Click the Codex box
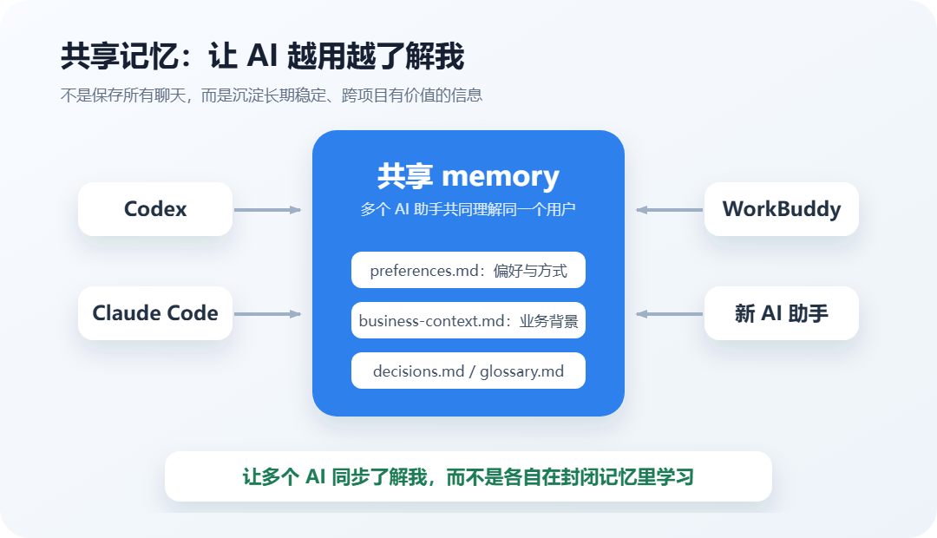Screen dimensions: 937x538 pos(155,209)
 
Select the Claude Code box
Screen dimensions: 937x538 pos(155,313)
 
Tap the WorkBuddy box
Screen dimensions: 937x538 pos(782,209)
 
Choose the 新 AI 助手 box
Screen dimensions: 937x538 pos(782,313)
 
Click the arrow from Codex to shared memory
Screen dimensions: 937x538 pos(268,210)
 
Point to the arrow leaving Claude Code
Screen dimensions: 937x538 pos(268,314)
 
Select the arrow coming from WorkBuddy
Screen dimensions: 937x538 pos(669,210)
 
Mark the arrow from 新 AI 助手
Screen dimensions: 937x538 pos(669,314)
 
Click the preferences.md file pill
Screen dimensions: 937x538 pos(468,270)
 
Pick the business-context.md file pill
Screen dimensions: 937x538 pos(468,320)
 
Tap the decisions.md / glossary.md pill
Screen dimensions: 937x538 pos(468,371)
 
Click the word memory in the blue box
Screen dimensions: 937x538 pos(501,177)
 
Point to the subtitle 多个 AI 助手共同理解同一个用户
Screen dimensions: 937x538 pos(468,209)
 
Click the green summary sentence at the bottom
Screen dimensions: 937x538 pos(468,477)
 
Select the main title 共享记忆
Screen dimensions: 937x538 pos(120,56)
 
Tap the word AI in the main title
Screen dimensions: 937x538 pos(262,56)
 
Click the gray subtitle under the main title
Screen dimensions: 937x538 pos(272,95)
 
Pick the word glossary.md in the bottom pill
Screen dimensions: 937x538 pos(521,371)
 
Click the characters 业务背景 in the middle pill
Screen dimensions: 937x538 pos(548,321)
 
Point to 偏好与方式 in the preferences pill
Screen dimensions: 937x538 pos(530,271)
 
